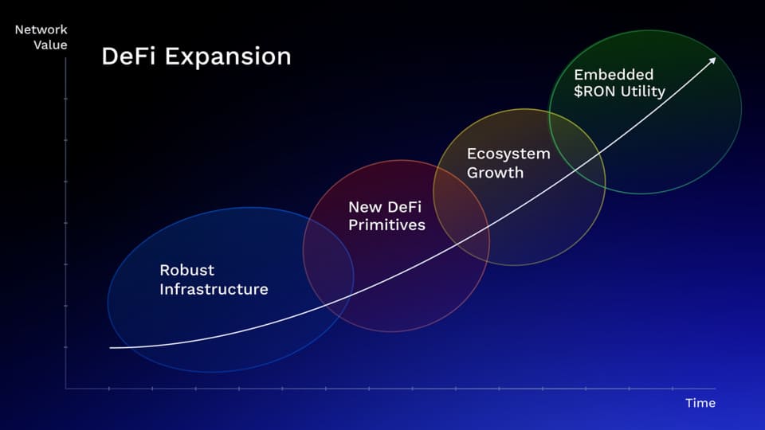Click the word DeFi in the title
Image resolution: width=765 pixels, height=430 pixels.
pos(127,56)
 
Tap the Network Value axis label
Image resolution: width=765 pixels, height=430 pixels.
pos(41,37)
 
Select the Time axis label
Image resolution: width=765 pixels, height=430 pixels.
pos(700,403)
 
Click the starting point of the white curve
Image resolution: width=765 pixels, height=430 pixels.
pos(111,348)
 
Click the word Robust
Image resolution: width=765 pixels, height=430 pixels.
pos(186,270)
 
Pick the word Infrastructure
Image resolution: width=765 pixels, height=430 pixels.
pos(214,289)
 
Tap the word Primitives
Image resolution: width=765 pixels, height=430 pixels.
pos(387,225)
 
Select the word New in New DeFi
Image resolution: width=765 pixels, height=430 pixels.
pos(365,207)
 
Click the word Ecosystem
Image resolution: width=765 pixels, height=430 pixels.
pos(508,154)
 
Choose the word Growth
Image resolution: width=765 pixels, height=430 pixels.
pos(495,173)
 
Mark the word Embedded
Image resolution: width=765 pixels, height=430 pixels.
pos(614,75)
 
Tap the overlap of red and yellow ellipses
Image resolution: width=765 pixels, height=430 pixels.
pos(461,210)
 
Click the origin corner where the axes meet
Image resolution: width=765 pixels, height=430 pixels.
pos(66,389)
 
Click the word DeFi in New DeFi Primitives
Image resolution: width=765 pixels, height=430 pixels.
pos(404,207)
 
